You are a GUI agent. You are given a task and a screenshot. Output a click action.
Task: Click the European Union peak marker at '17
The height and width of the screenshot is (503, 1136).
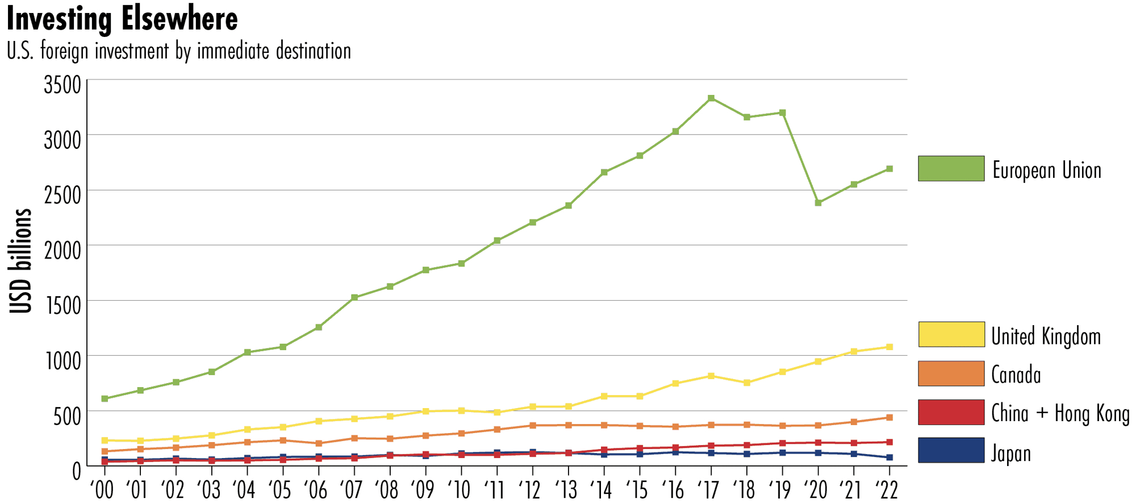click(711, 98)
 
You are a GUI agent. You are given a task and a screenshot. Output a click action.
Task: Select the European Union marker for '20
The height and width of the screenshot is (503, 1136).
click(818, 203)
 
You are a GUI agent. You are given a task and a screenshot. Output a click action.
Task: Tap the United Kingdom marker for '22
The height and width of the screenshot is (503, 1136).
click(889, 347)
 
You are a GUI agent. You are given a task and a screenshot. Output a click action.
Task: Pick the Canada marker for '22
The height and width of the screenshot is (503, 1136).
click(889, 418)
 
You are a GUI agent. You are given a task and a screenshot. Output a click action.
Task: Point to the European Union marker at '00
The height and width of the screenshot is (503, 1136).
click(105, 398)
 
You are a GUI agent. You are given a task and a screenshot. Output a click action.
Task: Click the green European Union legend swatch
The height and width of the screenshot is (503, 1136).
click(951, 169)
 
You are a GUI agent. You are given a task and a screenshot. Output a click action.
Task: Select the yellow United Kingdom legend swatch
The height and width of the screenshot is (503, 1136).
click(951, 334)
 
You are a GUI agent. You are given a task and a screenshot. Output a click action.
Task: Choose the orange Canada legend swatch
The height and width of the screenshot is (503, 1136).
click(951, 373)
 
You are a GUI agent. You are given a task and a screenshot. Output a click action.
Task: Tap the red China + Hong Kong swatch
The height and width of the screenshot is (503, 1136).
click(951, 412)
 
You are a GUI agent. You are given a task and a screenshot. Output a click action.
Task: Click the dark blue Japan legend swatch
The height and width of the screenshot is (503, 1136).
click(951, 450)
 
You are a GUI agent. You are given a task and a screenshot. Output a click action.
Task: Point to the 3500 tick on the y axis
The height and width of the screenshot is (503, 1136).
click(62, 86)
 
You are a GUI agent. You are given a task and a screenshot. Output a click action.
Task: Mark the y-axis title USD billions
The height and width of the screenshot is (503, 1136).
click(21, 261)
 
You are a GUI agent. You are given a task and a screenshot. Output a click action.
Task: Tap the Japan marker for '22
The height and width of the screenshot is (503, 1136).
click(889, 458)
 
